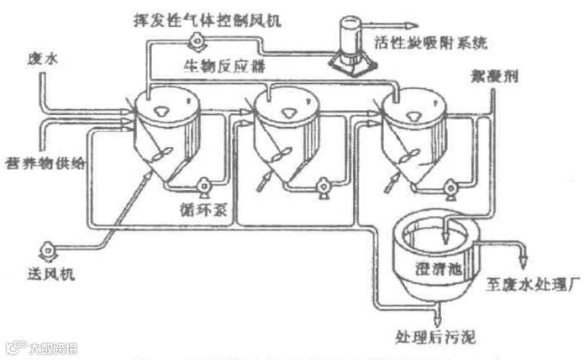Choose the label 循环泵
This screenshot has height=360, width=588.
click(215, 210)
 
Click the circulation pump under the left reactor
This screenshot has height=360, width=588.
click(203, 187)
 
